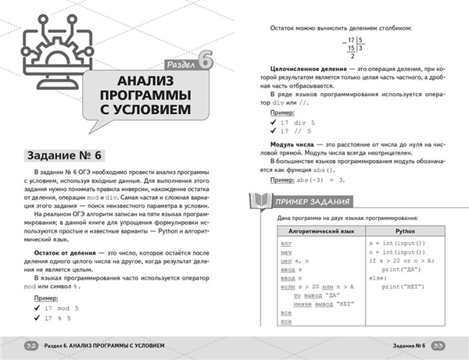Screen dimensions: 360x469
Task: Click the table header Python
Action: [x=404, y=232]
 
